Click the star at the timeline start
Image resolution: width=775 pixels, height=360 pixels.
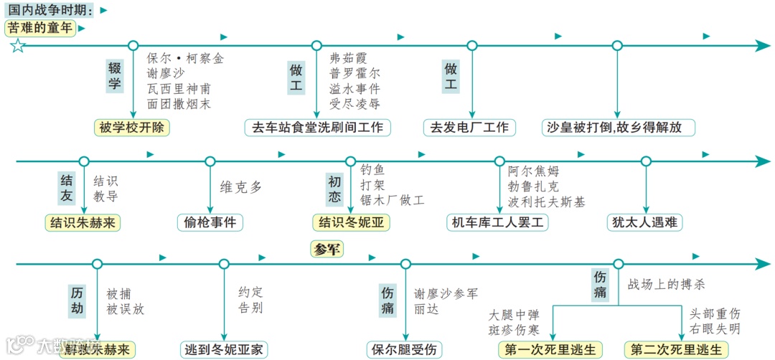(x=17, y=47)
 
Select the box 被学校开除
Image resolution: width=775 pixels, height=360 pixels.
(x=133, y=128)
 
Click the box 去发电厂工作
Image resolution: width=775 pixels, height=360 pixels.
(x=469, y=128)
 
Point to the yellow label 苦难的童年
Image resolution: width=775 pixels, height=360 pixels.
(x=41, y=29)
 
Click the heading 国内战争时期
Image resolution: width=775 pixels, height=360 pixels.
(x=50, y=10)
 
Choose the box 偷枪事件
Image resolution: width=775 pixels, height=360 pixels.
(x=210, y=222)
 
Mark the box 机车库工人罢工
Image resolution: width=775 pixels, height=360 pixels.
(x=498, y=222)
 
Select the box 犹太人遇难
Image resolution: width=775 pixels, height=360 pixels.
(x=644, y=222)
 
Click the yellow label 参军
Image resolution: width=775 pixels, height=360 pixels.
(x=327, y=250)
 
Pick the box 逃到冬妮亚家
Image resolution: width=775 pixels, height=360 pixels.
(x=224, y=350)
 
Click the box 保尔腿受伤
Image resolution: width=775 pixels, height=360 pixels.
(x=405, y=350)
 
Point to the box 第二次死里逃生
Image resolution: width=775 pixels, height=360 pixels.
(x=677, y=350)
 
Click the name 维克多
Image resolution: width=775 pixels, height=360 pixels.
(x=241, y=187)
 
